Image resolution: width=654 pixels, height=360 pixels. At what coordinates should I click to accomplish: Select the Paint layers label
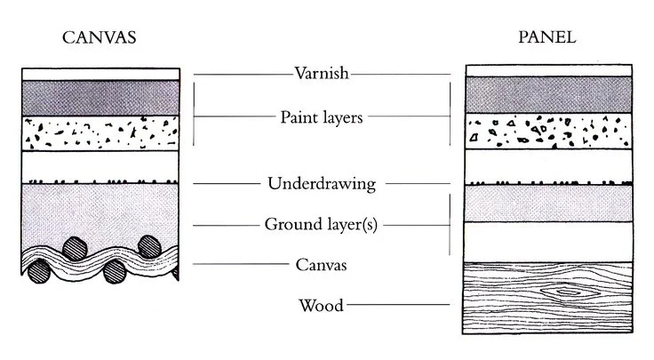321,116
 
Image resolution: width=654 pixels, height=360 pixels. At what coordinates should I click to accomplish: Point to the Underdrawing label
321,185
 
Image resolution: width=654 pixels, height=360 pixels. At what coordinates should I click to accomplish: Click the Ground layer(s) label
321,225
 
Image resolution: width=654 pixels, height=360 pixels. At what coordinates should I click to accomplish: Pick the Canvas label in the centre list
321,264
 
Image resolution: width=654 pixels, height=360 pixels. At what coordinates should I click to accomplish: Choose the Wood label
321,307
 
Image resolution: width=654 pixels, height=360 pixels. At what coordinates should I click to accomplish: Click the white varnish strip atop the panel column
548,70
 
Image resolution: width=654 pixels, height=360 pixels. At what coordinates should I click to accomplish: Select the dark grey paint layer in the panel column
548,94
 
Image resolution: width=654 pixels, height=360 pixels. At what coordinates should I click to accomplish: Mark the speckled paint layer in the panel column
548,131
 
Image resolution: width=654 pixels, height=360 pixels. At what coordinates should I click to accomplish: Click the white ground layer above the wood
548,241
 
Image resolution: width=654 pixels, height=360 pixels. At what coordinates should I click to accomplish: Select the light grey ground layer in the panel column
548,204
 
